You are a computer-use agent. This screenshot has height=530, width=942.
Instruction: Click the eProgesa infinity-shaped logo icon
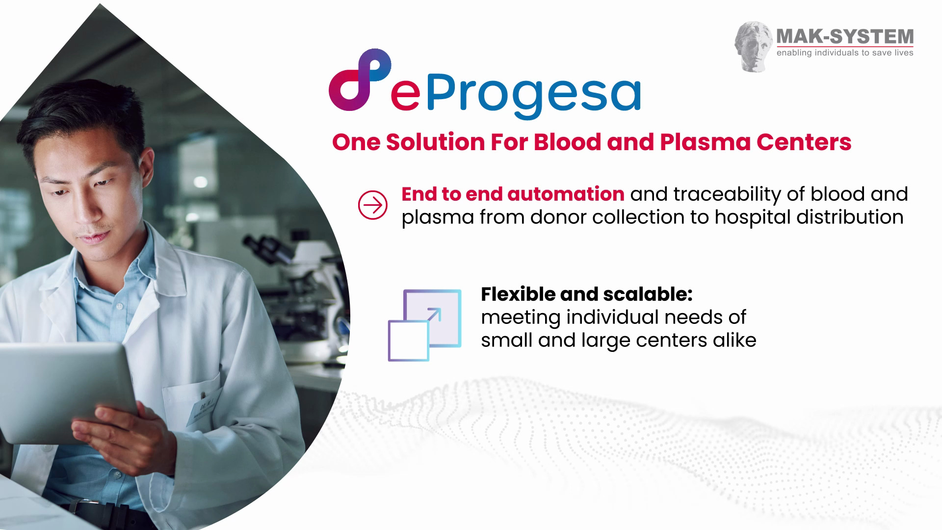click(360, 79)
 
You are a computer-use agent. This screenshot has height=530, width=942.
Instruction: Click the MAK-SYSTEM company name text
click(845, 36)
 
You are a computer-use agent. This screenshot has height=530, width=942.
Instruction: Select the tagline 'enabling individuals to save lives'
click(845, 53)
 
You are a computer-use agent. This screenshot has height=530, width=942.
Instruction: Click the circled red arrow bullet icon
click(373, 205)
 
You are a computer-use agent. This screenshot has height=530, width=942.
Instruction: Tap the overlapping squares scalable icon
click(425, 325)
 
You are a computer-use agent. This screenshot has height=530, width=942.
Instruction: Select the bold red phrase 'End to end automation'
click(513, 194)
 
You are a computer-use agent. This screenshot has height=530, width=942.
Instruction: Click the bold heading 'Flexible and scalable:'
click(587, 294)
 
